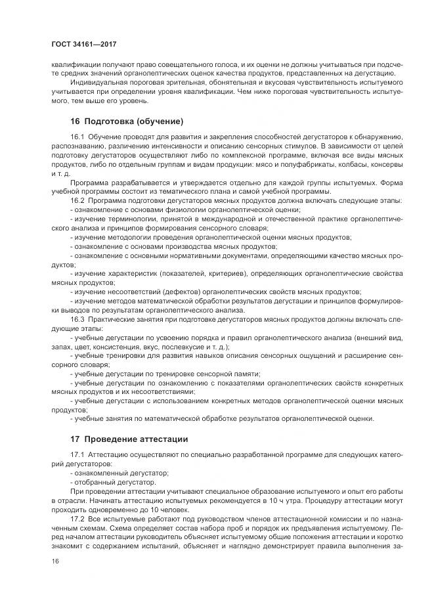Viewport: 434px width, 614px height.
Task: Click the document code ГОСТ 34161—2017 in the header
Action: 83,45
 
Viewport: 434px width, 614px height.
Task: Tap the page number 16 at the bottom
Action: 55,561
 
